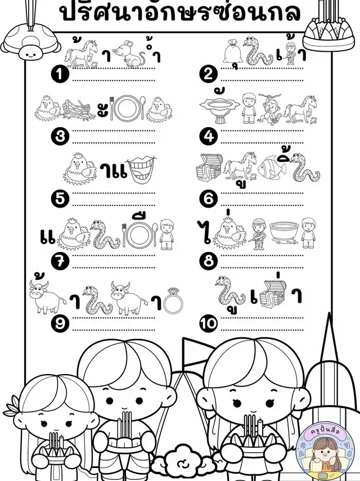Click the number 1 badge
60,75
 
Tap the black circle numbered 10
209,323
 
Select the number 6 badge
209,199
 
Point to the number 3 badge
60,137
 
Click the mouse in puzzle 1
129,54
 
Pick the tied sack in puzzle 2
233,51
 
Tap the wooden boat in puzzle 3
76,109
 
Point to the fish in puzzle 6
272,168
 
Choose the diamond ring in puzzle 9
174,301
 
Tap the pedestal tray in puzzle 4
219,110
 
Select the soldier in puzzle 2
290,53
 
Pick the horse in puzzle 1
81,54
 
